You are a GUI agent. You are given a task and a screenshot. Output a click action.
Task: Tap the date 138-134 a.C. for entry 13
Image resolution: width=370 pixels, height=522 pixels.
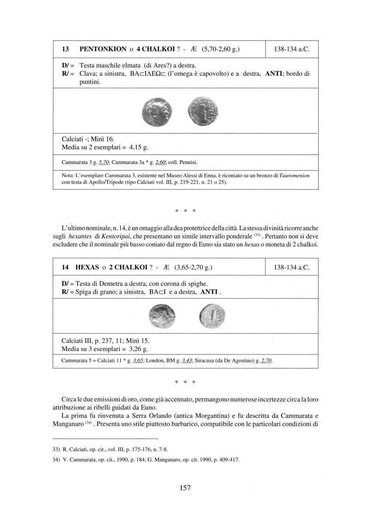point(292,49)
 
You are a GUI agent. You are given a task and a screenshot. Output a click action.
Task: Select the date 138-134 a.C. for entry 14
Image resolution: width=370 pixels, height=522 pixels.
point(292,267)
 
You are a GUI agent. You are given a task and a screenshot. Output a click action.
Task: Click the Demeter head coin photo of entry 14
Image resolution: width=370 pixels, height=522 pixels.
point(162,316)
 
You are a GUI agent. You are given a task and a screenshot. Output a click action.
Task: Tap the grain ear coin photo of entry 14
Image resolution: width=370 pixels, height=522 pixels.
point(211,315)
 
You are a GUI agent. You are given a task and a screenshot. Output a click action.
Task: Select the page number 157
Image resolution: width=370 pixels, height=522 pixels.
point(185,488)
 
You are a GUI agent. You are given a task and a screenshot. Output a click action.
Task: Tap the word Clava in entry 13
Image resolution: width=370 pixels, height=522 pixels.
point(89,74)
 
